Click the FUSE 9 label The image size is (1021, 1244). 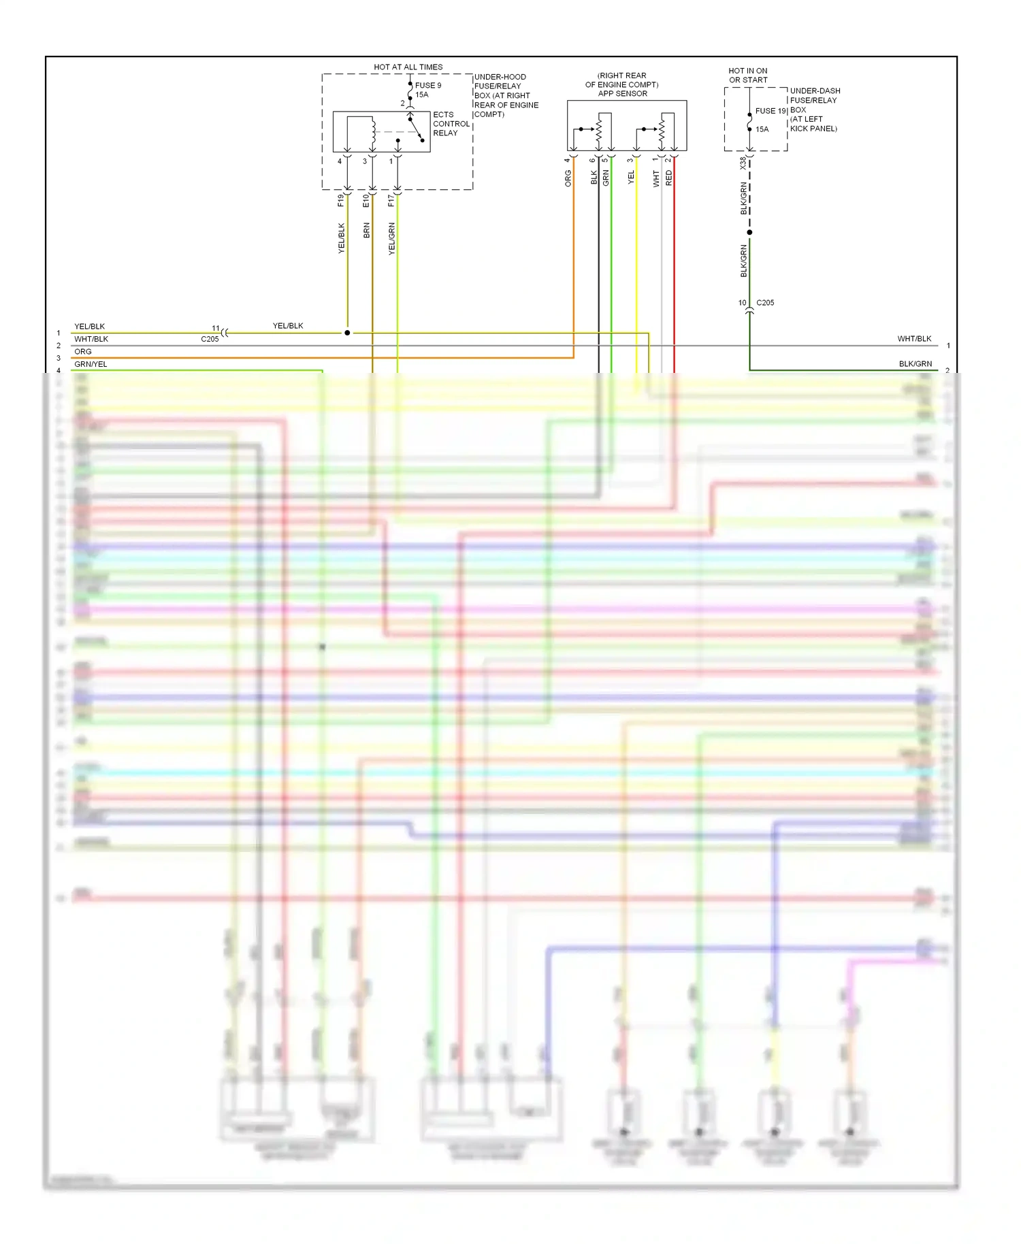(x=428, y=85)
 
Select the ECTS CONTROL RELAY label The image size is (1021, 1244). (x=451, y=124)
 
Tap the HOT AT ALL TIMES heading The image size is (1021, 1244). (x=408, y=67)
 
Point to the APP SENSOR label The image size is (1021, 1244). (x=622, y=94)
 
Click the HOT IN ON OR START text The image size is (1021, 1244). (x=747, y=75)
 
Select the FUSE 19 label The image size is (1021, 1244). (x=771, y=111)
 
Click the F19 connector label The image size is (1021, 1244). (x=341, y=200)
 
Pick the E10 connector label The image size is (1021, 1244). (x=366, y=200)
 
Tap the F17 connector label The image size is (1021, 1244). (x=391, y=200)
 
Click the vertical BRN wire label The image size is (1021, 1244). (x=367, y=230)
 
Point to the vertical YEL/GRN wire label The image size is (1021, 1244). (x=392, y=238)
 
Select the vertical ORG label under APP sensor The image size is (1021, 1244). (x=568, y=178)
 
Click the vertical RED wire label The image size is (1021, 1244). (x=668, y=178)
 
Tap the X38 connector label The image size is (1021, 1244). (x=743, y=163)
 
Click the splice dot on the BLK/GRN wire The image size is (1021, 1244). (x=749, y=232)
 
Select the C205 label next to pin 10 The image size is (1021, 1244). (x=765, y=303)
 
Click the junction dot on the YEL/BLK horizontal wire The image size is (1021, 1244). (x=347, y=333)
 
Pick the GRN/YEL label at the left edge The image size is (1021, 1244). (x=91, y=364)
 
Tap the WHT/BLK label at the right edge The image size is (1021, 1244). (x=914, y=339)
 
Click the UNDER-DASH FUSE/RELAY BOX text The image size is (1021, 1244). (x=814, y=109)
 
